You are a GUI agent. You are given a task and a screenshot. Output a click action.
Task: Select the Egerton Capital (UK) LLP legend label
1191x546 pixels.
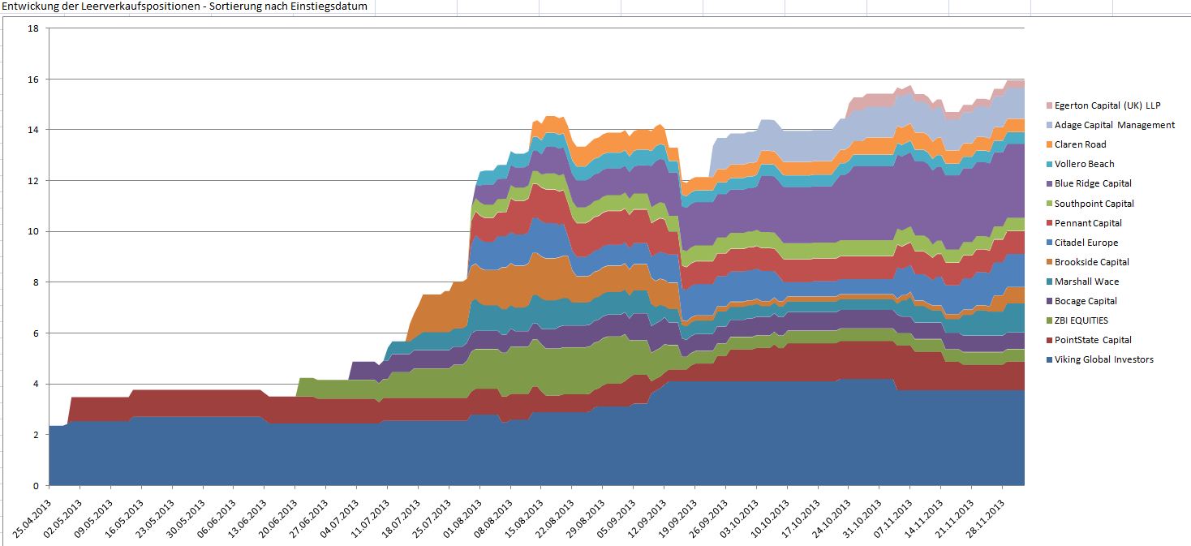click(x=1107, y=105)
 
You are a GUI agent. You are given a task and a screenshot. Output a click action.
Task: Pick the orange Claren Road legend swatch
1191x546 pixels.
click(x=1048, y=144)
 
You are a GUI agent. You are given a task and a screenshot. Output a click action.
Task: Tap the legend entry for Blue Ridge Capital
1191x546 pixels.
click(x=1093, y=183)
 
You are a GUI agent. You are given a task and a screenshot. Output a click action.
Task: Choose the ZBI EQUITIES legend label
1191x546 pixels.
click(x=1081, y=320)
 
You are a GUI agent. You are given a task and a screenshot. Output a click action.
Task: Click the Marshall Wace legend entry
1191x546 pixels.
click(x=1086, y=282)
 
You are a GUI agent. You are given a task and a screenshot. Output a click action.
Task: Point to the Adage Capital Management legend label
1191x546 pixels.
click(x=1114, y=125)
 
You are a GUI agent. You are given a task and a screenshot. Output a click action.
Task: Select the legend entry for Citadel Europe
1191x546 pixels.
click(x=1086, y=243)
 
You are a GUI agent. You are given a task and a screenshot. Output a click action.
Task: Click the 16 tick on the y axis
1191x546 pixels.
click(x=33, y=79)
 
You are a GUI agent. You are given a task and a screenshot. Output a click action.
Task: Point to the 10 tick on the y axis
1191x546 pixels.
click(x=33, y=231)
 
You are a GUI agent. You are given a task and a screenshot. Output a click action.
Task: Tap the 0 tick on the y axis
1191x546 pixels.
click(x=36, y=486)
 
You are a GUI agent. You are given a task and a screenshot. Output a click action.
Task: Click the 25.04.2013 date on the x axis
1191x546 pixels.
click(x=32, y=511)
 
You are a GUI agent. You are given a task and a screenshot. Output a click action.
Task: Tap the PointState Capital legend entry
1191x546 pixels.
click(x=1093, y=340)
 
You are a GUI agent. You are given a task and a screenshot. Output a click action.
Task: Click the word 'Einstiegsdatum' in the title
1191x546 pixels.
click(x=328, y=6)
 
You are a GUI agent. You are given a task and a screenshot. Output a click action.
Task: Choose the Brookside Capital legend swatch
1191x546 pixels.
click(x=1048, y=262)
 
